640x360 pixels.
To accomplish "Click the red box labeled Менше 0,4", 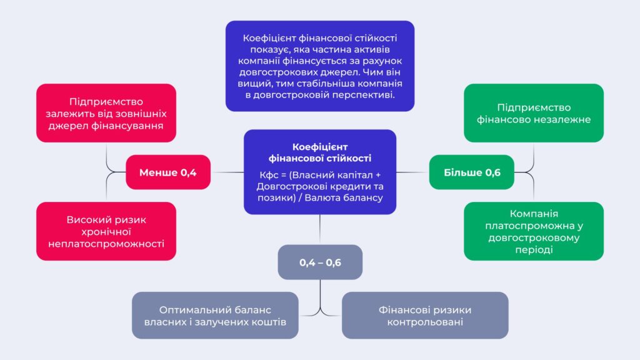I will [167, 172].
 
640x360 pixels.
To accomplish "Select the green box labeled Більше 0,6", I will [472, 172].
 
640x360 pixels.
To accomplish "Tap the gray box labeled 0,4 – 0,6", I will [320, 262].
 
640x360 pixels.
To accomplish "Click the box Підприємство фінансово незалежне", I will [534, 113].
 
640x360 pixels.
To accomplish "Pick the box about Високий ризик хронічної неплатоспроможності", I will [106, 231].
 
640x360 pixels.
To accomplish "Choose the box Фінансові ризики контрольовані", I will [425, 316].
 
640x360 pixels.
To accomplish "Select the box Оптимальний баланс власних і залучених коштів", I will [215, 316].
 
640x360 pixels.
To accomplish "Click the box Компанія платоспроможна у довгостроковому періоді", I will [534, 231].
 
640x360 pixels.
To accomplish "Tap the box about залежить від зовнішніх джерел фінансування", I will [106, 113].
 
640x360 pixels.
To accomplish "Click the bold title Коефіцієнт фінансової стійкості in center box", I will [320, 151].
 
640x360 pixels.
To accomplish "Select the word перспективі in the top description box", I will [365, 95].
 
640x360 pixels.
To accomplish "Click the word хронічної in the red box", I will [106, 231].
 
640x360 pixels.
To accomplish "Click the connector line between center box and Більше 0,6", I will [412, 172].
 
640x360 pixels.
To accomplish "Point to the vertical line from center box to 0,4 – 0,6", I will [320, 229].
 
